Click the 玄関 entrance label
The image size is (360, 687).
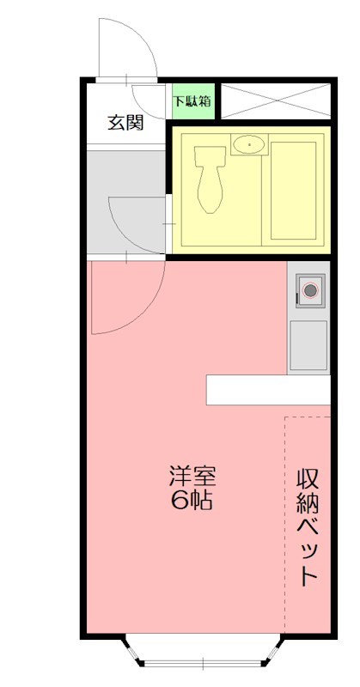click(125, 121)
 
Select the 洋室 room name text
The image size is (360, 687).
click(192, 475)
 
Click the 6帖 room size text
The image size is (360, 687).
click(192, 500)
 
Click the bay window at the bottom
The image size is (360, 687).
click(204, 652)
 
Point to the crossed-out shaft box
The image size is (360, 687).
click(275, 100)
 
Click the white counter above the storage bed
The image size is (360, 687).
click(268, 390)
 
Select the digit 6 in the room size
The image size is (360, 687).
click(179, 500)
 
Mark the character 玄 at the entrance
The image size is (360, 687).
click(115, 121)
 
